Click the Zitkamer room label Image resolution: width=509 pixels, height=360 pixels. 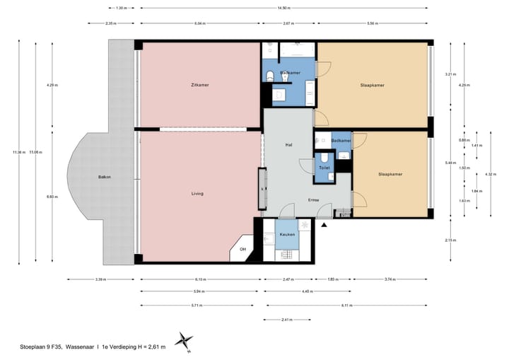tap(199, 85)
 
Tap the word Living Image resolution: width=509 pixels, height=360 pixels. tap(198, 193)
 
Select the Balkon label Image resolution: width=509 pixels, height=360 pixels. tap(104, 176)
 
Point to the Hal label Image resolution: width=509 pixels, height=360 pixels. tap(288, 144)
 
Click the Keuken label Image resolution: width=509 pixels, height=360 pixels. tap(286, 234)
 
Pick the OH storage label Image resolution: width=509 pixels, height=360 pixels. tap(242, 249)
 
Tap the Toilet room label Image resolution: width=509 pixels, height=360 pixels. tap(324, 168)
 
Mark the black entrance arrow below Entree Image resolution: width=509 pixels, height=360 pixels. tap(324, 225)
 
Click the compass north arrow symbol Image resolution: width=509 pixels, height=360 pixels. tap(185, 340)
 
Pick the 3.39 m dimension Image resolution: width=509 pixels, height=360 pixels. tap(100, 279)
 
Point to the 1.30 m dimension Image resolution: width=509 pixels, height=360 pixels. tap(121, 8)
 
